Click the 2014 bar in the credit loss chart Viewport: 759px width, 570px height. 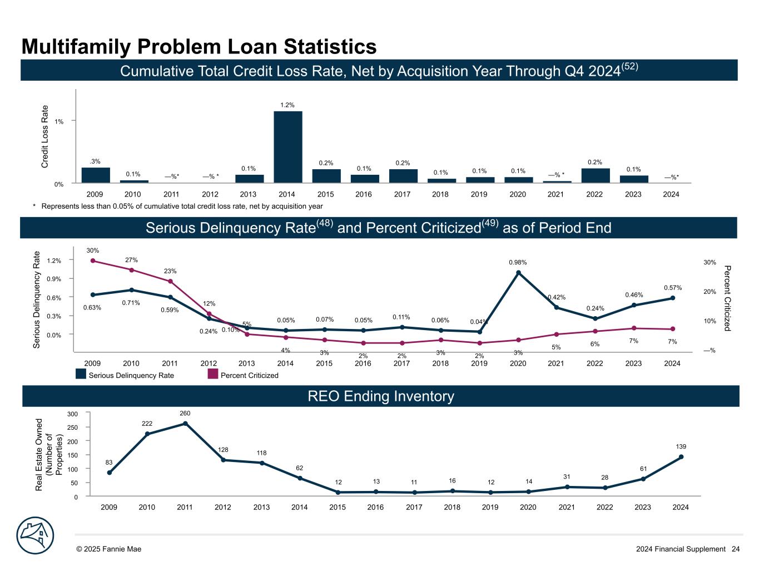tap(287, 147)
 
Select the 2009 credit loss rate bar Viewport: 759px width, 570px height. tap(96, 175)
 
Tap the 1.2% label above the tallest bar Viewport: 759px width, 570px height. tap(287, 105)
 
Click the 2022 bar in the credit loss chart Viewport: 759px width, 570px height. tap(595, 175)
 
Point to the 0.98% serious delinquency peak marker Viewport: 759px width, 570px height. tap(518, 273)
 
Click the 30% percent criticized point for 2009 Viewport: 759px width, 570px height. tap(93, 261)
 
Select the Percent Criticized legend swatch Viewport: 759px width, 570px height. tap(212, 375)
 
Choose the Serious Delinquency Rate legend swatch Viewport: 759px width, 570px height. tap(81, 375)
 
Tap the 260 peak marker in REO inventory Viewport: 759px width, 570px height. tap(185, 424)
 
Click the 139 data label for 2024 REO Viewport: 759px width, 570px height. tap(680, 446)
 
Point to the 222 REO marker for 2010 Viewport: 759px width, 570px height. tap(147, 434)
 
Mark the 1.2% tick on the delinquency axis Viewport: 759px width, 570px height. tap(54, 261)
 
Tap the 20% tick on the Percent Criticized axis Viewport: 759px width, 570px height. tap(710, 292)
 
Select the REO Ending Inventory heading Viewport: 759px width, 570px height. tap(380, 396)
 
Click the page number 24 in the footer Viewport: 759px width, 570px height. tap(736, 549)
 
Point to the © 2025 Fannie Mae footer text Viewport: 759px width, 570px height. tap(109, 549)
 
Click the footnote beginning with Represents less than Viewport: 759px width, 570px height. tap(178, 206)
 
